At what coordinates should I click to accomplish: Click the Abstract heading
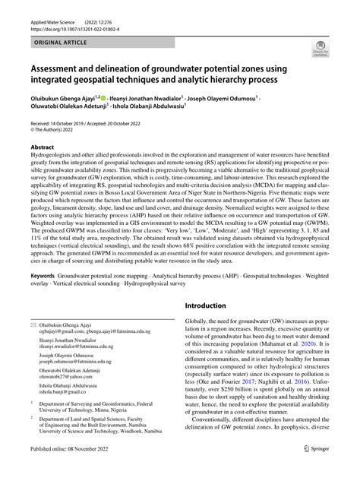point(42,146)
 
